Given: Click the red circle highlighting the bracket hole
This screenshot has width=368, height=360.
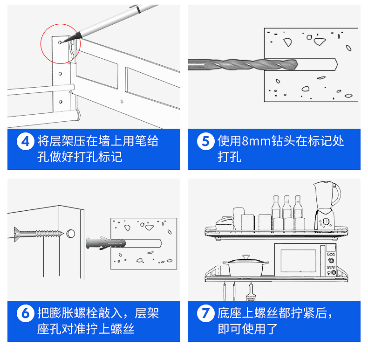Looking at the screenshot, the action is click(x=61, y=43).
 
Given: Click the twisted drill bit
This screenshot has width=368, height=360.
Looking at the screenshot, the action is click(x=242, y=64).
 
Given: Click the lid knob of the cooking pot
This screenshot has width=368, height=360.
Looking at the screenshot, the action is click(x=245, y=256).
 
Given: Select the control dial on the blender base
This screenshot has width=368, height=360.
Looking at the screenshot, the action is click(x=326, y=221).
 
